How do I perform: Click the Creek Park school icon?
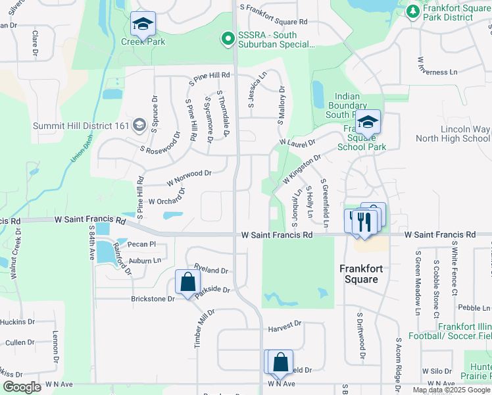coord(143,24)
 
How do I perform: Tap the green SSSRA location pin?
coord(228,39)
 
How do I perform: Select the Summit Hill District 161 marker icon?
coord(139,125)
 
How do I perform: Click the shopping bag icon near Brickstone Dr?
coord(188,282)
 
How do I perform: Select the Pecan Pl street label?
coord(143,244)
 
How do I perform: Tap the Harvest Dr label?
coord(284,324)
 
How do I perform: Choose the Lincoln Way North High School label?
coord(453,134)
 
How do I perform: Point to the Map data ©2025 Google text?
coord(451,390)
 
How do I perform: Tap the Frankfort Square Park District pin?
coord(412,11)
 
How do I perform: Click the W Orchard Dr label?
coord(167,197)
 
